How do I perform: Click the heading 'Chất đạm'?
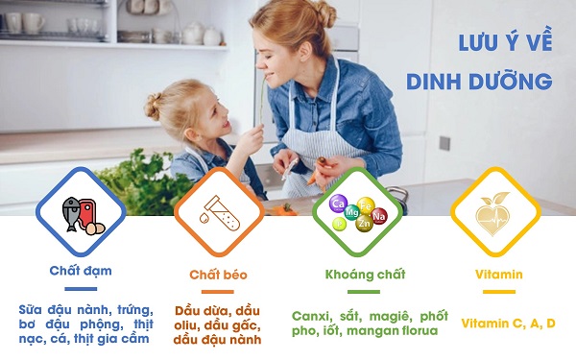[81, 271]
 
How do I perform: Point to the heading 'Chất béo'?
[218, 275]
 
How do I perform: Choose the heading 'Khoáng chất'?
[357, 275]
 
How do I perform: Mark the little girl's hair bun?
[154, 104]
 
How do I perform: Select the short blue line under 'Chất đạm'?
[81, 287]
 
